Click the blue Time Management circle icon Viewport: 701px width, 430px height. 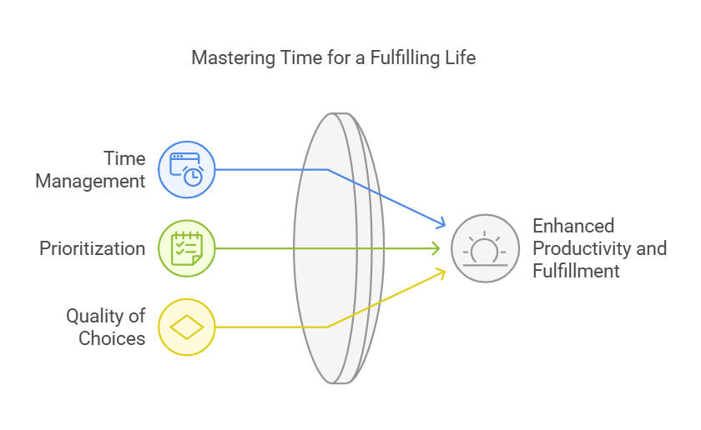[x=187, y=169]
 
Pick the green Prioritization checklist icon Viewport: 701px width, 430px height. [x=187, y=248]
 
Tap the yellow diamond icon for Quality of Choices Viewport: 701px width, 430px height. [x=187, y=327]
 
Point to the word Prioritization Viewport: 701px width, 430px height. [x=92, y=248]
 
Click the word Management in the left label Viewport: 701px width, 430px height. [x=90, y=180]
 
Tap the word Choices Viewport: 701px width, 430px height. [x=112, y=337]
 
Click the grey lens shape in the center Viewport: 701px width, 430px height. [x=330, y=248]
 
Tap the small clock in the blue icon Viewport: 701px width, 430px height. [x=192, y=175]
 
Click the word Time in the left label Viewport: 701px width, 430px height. [x=124, y=158]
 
